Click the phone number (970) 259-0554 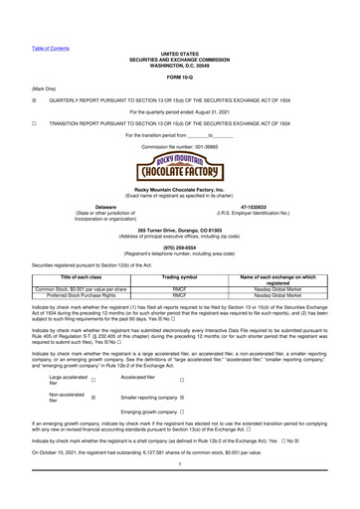179,247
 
